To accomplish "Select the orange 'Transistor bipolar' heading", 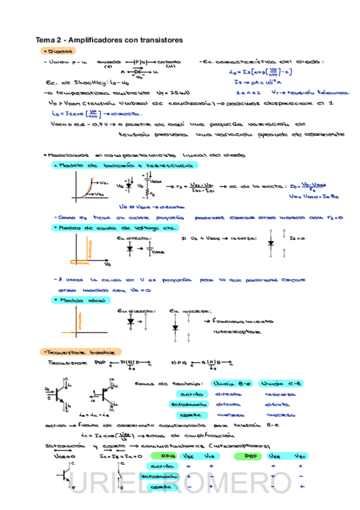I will [79, 351].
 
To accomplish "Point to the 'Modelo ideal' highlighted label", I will [81, 300].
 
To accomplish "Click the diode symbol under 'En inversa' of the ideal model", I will [175, 328].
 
